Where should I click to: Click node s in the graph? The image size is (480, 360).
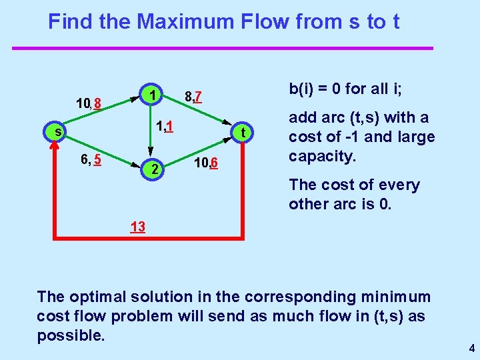pyautogui.click(x=58, y=131)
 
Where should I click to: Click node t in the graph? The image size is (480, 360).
pyautogui.click(x=243, y=132)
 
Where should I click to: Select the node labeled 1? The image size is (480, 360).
pyautogui.click(x=153, y=95)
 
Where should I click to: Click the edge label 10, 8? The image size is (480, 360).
pyautogui.click(x=88, y=103)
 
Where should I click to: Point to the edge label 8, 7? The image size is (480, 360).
pyautogui.click(x=193, y=99)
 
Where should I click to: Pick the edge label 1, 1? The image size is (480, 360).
pyautogui.click(x=164, y=126)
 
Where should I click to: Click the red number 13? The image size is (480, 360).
pyautogui.click(x=138, y=227)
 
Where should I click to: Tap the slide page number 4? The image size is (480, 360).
pyautogui.click(x=471, y=348)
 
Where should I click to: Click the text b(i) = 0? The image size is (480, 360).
pyautogui.click(x=316, y=89)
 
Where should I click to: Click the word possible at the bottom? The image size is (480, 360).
pyautogui.click(x=70, y=335)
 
